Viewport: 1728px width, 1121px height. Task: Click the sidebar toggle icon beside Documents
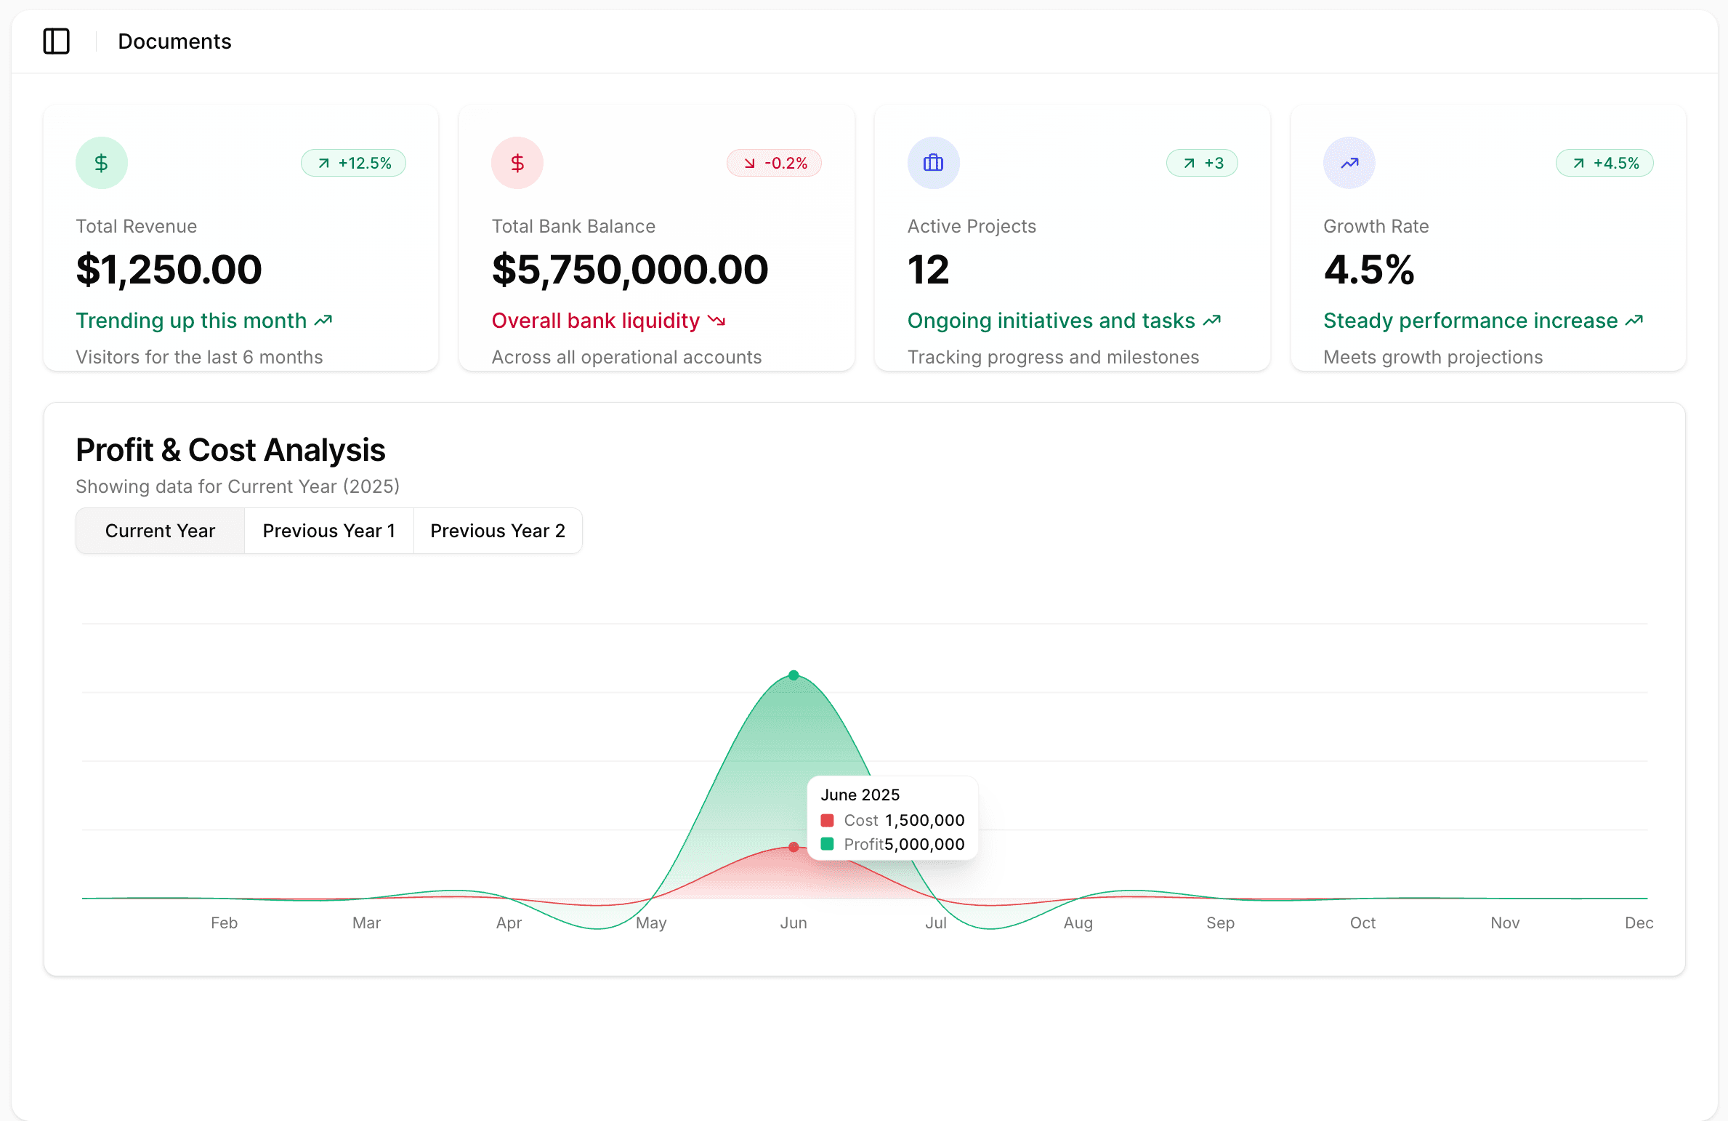56,41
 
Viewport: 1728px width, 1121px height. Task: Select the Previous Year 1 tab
328,531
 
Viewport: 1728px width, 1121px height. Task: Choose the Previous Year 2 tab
497,531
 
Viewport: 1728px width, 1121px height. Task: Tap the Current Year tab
160,531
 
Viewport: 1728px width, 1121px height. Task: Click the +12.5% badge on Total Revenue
354,163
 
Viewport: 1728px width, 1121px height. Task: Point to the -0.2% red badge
774,163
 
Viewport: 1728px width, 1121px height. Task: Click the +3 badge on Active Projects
1202,163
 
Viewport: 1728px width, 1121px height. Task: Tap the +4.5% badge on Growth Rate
1604,163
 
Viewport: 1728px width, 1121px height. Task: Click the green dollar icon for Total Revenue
102,163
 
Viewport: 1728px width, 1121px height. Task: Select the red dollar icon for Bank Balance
517,163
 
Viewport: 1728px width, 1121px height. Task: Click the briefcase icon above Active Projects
933,163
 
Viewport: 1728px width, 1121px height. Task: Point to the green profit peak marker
794,675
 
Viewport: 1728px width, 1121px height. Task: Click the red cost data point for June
794,847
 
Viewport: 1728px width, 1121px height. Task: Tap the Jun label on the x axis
794,923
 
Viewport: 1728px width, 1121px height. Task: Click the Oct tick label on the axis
1362,923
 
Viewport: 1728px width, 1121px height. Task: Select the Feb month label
224,923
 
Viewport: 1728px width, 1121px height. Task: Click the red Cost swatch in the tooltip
827,820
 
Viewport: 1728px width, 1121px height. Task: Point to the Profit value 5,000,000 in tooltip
924,844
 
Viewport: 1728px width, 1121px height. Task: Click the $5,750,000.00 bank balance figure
629,270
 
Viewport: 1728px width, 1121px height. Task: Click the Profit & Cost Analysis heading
230,450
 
